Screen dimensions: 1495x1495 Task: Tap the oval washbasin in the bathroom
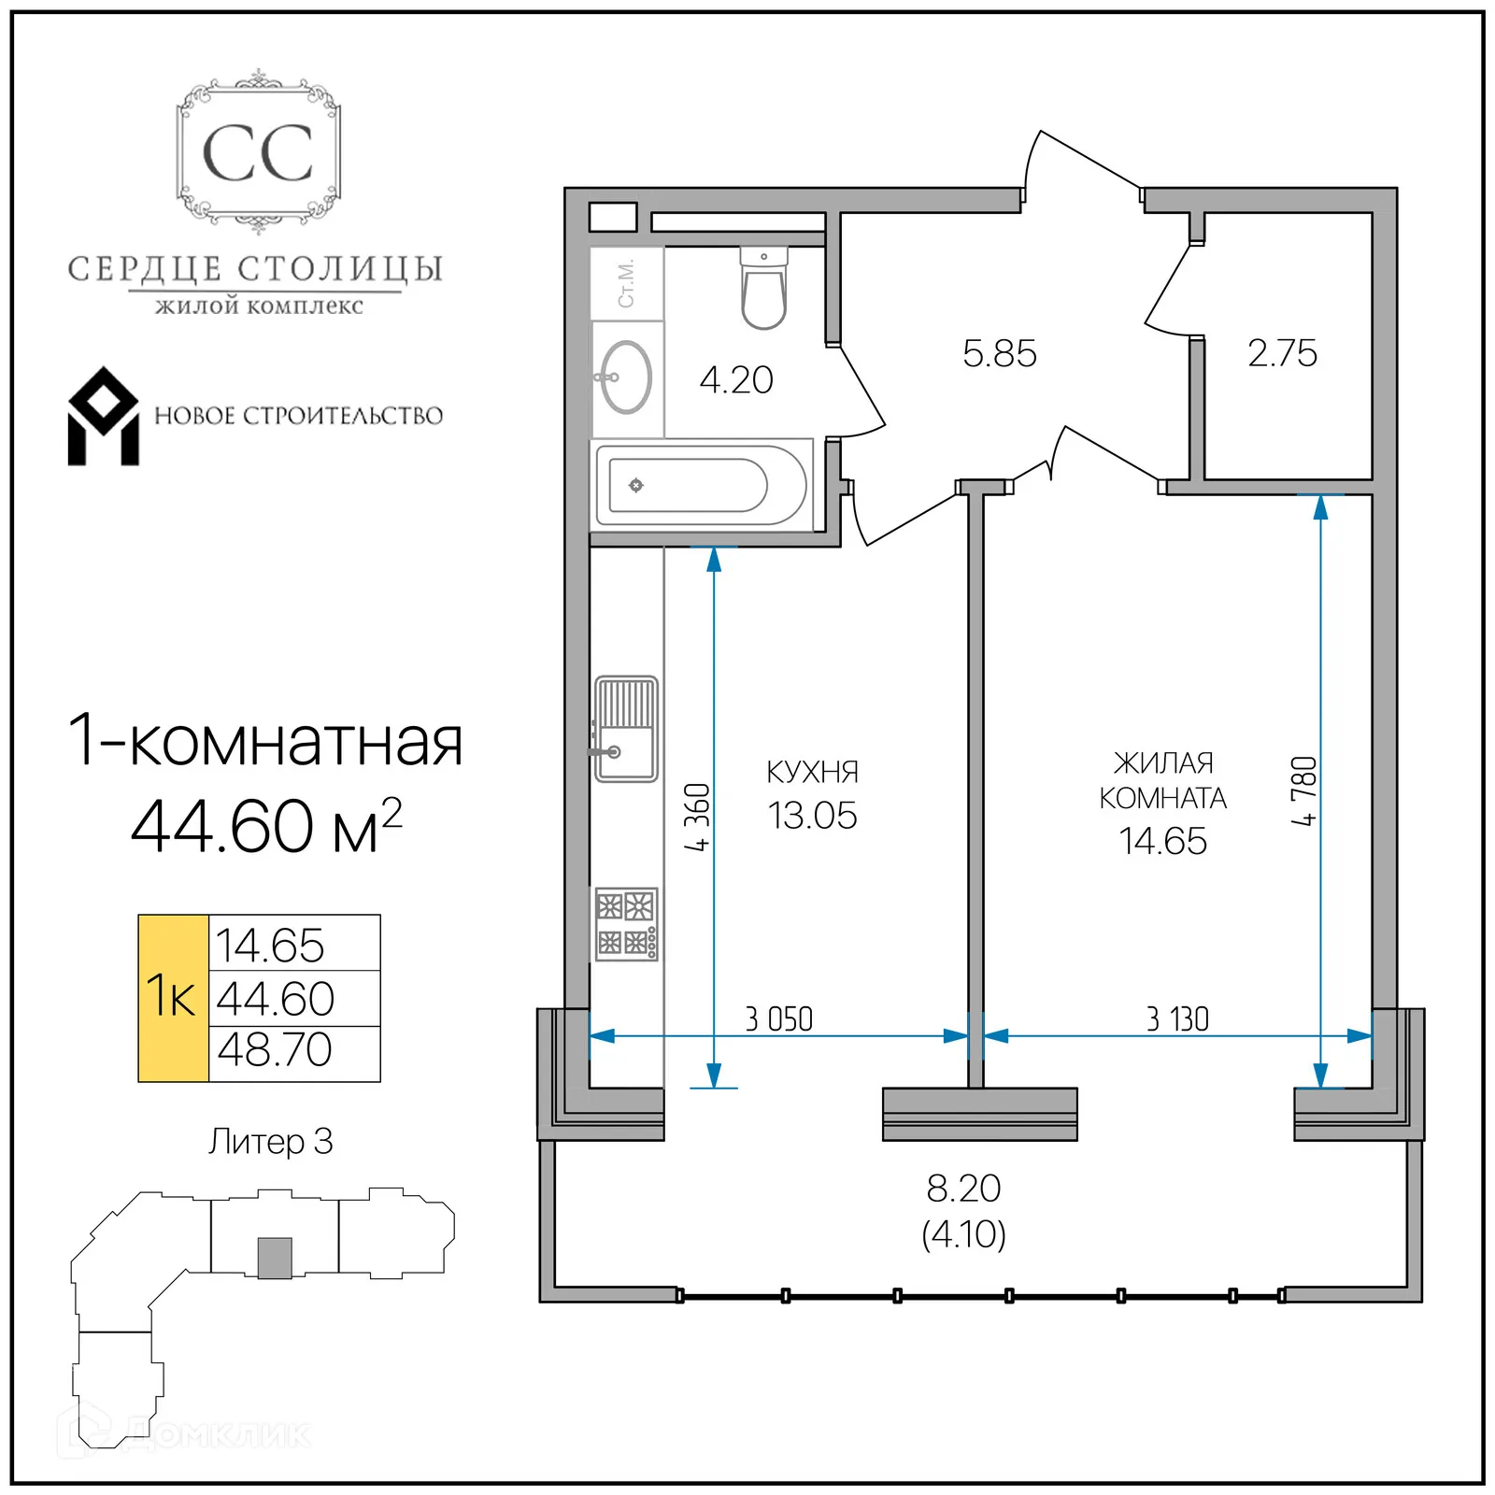626,377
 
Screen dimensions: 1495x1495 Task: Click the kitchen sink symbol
626,729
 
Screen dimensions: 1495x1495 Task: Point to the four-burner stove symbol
626,924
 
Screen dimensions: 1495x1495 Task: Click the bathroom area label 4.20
736,380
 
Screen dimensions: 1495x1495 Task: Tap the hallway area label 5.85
999,354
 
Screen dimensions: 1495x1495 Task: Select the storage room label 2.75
1282,353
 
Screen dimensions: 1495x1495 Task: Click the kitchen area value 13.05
812,816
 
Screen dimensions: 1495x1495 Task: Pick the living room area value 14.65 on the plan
1162,841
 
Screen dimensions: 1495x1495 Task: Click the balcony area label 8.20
963,1189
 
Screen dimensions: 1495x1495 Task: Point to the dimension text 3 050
778,1019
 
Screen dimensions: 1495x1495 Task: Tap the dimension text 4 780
1304,790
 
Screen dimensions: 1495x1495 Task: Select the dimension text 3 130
1177,1019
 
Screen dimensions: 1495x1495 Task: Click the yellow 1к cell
173,998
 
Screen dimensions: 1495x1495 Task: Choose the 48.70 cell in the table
275,1050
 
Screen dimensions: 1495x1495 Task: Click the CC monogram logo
258,152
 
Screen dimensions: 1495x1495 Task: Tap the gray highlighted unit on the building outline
275,1258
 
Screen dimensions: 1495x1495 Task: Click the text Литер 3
270,1142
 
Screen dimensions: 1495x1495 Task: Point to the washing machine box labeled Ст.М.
627,283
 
